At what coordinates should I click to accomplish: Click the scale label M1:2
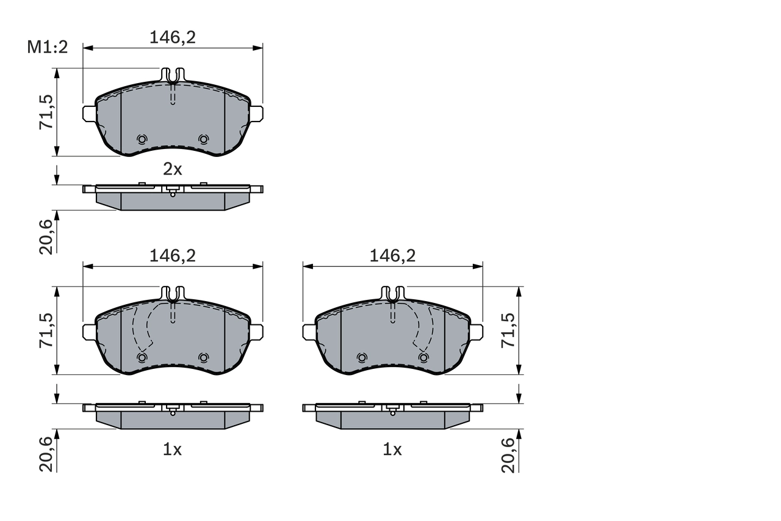click(47, 47)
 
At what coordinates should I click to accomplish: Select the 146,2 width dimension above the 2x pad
click(173, 37)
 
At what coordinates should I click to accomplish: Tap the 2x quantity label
click(173, 169)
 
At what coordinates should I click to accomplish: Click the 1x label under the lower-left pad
click(173, 450)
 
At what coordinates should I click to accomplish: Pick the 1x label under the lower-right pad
click(392, 450)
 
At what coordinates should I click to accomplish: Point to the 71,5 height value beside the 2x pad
click(47, 112)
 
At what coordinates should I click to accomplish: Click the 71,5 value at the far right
click(508, 330)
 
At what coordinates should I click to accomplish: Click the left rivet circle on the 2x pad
click(142, 139)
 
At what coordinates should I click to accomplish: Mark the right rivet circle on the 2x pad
click(203, 139)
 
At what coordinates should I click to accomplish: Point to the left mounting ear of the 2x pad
click(89, 112)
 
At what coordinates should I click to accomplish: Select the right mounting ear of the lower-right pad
click(476, 332)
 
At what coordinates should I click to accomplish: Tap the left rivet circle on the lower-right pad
click(362, 357)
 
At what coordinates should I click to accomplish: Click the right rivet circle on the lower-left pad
click(203, 357)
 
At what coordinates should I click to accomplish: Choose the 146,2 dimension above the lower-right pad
click(392, 257)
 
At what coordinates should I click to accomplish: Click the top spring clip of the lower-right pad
click(392, 294)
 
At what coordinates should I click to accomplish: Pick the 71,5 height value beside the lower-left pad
click(47, 330)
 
